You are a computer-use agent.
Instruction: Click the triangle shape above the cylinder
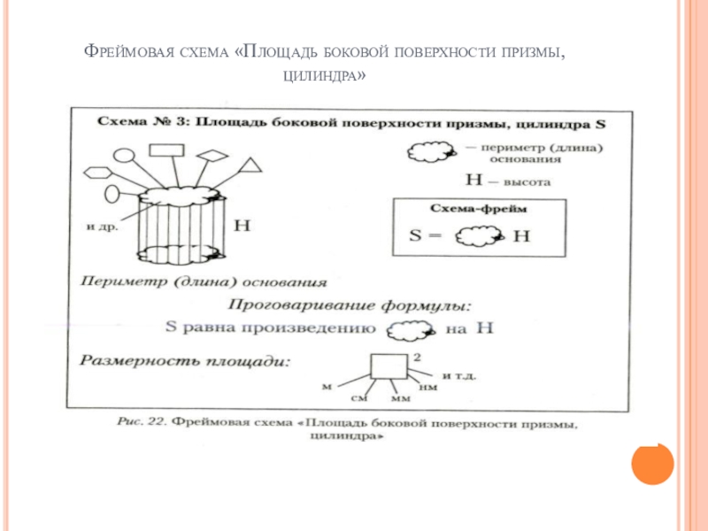(252, 165)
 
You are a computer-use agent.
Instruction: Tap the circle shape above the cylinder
(125, 156)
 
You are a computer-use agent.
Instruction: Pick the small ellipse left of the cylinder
(112, 192)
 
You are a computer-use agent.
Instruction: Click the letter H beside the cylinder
(241, 226)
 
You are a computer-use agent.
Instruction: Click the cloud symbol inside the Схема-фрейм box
(479, 236)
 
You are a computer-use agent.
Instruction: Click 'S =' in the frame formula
(426, 236)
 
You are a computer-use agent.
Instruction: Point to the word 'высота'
(527, 181)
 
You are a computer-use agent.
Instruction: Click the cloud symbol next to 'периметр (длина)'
(429, 152)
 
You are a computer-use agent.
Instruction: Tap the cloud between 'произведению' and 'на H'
(410, 329)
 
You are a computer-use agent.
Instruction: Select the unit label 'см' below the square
(358, 399)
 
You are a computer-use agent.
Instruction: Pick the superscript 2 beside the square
(416, 354)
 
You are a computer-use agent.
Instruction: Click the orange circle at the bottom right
(653, 463)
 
